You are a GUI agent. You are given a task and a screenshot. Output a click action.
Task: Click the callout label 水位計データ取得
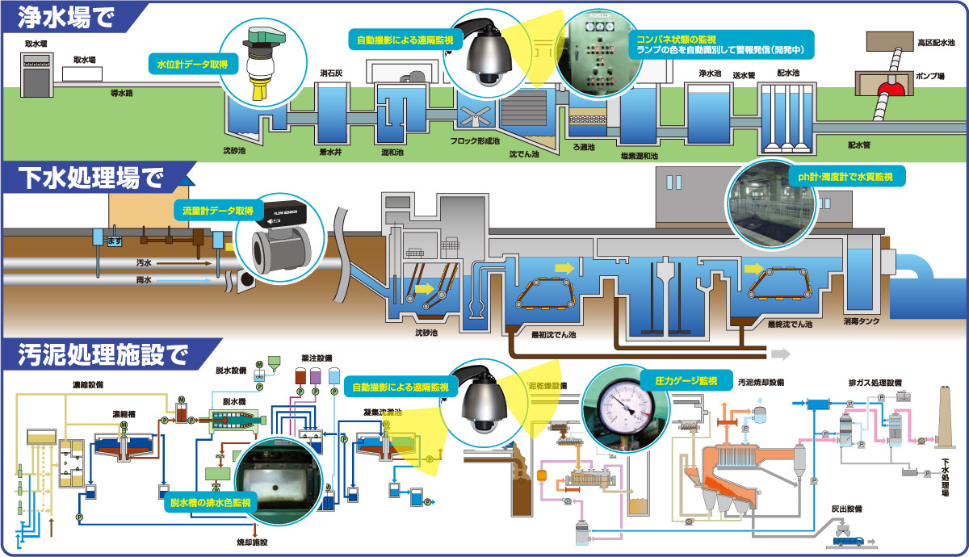pyautogui.click(x=188, y=63)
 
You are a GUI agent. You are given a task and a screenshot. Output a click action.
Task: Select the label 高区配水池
pyautogui.click(x=936, y=42)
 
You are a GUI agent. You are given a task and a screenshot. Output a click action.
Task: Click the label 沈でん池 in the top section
pyautogui.click(x=523, y=151)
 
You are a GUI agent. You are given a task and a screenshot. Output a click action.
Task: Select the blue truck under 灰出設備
pyautogui.click(x=852, y=539)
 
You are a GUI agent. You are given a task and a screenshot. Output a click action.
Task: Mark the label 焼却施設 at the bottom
pyautogui.click(x=254, y=542)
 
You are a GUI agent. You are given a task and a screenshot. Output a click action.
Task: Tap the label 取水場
pyautogui.click(x=84, y=60)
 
